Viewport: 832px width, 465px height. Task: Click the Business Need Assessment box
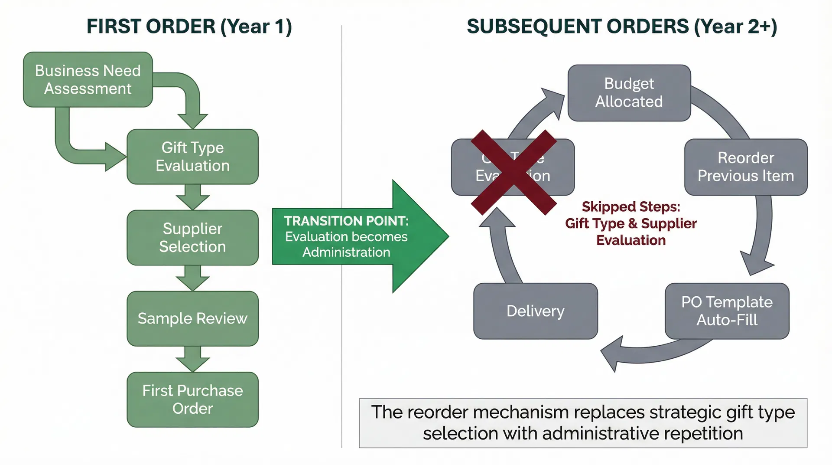(x=88, y=79)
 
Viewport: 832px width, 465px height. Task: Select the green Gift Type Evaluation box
(x=192, y=157)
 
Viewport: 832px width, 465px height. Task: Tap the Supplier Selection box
(x=192, y=238)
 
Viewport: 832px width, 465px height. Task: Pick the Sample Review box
(x=192, y=318)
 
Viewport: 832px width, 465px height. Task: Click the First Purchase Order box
(x=192, y=400)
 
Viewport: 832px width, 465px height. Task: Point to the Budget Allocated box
(x=629, y=92)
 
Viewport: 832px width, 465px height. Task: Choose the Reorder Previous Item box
(x=745, y=167)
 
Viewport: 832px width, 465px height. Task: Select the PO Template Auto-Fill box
(x=727, y=311)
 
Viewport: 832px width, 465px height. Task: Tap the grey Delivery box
(x=535, y=311)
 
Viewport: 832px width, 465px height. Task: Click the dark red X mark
(x=513, y=173)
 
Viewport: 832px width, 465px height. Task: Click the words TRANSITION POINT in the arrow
(x=346, y=221)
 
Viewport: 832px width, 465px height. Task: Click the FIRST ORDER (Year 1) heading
(x=189, y=26)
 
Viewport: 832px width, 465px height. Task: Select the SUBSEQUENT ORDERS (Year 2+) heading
(x=622, y=26)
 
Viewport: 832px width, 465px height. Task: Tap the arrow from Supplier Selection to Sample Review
(x=192, y=278)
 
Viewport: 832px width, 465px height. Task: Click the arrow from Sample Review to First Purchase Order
(x=192, y=358)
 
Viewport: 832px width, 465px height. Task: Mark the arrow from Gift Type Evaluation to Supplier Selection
(x=192, y=197)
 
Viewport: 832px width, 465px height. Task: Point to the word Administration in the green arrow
(x=346, y=252)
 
